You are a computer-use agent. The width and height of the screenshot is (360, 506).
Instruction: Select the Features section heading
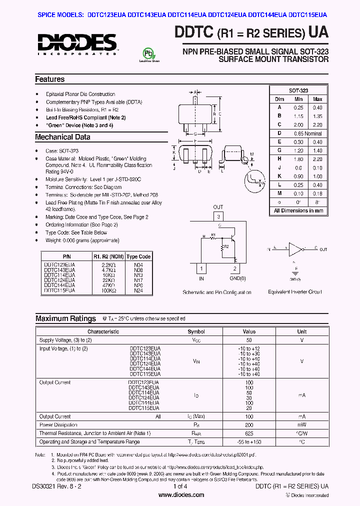pos(49,79)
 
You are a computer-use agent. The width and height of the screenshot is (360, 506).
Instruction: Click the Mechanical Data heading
pos(62,137)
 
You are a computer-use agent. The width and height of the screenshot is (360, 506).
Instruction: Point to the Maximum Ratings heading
pos(65,318)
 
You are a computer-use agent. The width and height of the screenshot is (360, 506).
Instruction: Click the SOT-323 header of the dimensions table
pos(298,90)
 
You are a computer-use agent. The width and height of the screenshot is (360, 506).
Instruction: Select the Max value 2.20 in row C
pos(317,124)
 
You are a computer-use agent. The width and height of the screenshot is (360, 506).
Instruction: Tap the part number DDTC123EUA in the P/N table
pos(59,264)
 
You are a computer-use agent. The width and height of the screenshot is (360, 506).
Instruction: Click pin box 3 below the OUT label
pos(218,216)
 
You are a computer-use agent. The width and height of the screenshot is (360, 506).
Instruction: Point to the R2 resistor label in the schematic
pos(226,246)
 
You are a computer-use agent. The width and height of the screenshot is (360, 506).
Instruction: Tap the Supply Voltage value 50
pos(249,339)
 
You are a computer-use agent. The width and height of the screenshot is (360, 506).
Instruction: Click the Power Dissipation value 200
pos(249,425)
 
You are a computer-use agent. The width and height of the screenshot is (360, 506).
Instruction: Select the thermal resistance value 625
pos(249,433)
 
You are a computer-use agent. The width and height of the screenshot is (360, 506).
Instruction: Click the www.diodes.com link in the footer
pos(181,495)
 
